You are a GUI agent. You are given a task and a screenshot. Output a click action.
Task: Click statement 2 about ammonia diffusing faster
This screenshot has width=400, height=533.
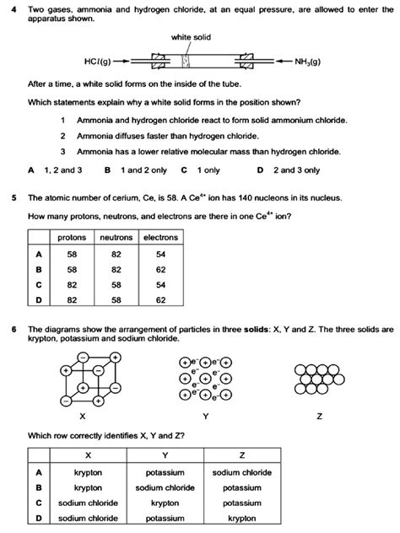coord(153,135)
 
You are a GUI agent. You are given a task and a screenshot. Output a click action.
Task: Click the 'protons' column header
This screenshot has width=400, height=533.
coord(73,238)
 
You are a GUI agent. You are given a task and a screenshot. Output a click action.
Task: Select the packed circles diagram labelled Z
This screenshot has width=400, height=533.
coord(319,379)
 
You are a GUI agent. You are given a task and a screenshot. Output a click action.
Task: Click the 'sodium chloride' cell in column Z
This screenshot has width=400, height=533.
coord(242,472)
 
